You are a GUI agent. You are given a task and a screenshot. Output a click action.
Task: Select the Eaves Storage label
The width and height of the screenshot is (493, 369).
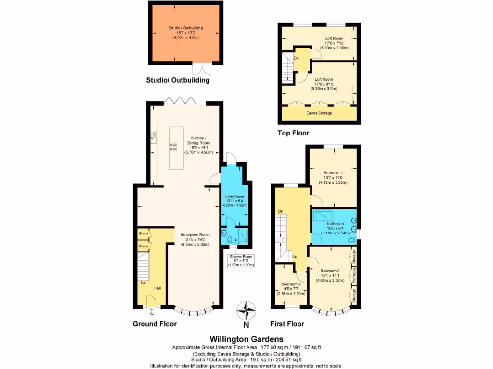click(319, 113)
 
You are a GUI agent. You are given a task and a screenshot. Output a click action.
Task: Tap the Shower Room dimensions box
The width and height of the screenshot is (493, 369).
click(242, 260)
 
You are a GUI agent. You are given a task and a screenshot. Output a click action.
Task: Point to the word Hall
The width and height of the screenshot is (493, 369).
click(157, 288)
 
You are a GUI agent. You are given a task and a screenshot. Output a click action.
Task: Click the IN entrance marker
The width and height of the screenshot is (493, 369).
click(151, 314)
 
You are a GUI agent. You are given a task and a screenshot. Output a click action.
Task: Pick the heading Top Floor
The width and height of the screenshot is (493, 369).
click(293, 133)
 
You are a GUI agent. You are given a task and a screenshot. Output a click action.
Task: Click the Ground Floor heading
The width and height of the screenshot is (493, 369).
click(155, 324)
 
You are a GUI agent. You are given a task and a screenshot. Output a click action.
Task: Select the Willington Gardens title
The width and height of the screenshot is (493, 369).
click(246, 339)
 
